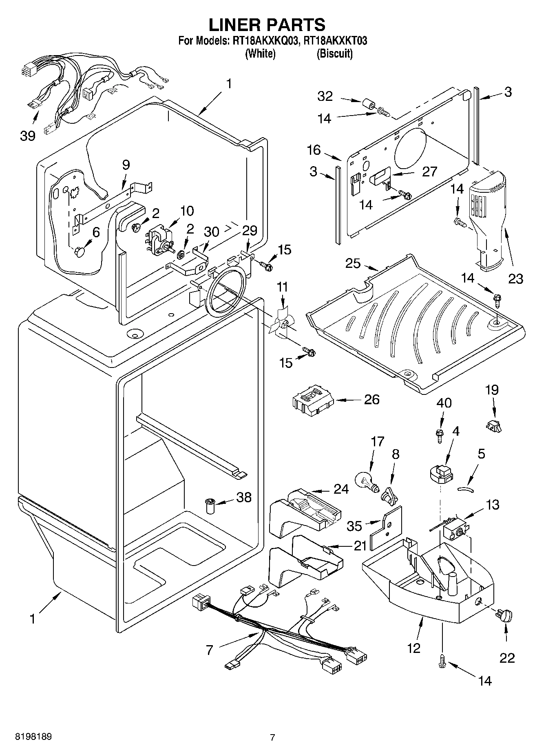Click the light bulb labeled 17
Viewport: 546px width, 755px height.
(x=367, y=480)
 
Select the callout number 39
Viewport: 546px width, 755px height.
(x=28, y=136)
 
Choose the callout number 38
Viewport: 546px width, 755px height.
(x=243, y=497)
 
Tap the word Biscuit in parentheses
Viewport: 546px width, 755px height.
(x=335, y=53)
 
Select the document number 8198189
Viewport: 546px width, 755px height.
(x=33, y=737)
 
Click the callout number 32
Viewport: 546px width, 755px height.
(x=325, y=96)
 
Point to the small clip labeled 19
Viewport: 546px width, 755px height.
(x=494, y=425)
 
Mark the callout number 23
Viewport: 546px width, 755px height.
(x=515, y=279)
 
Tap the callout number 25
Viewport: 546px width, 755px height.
(x=353, y=263)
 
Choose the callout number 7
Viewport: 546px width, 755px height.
(x=209, y=650)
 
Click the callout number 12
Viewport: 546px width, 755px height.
(x=413, y=648)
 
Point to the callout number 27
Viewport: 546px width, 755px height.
(x=429, y=171)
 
